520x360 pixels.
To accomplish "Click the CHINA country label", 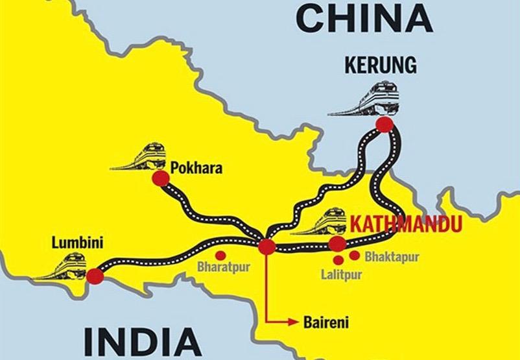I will point(364,19).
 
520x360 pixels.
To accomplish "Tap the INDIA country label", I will point(141,341).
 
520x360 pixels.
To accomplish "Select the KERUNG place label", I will point(381,65).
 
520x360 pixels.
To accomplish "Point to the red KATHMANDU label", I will point(406,224).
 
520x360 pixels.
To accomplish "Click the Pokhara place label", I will point(196,168).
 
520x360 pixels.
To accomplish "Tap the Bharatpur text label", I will point(224,266).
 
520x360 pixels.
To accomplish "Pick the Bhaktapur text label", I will point(392,256).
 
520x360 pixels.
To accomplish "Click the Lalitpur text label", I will point(341,274).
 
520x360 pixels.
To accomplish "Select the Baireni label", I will point(322,321).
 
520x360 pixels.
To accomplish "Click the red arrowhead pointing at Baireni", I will point(290,320).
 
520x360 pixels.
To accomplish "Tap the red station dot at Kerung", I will point(385,125).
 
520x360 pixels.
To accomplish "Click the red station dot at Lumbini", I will point(95,275).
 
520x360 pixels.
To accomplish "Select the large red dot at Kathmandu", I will point(338,243).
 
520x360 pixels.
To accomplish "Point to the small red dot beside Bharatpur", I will point(220,254).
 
